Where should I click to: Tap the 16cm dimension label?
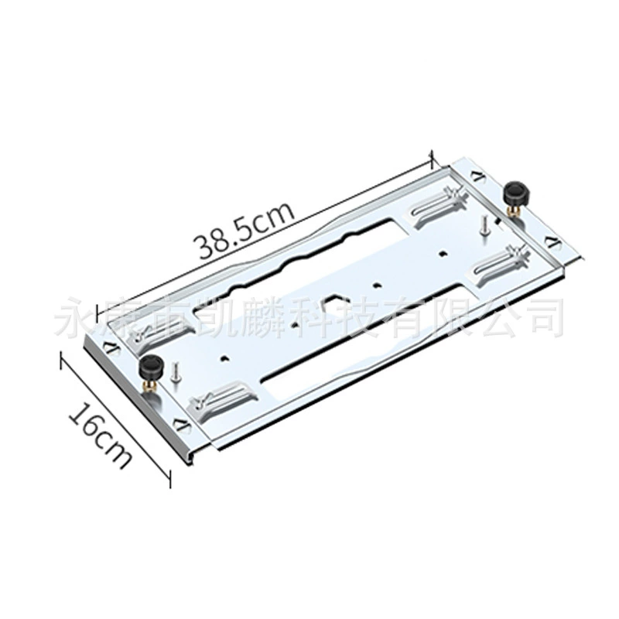pos(100,433)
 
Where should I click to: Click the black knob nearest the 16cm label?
pos(149,365)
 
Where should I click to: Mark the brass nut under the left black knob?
pos(149,384)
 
